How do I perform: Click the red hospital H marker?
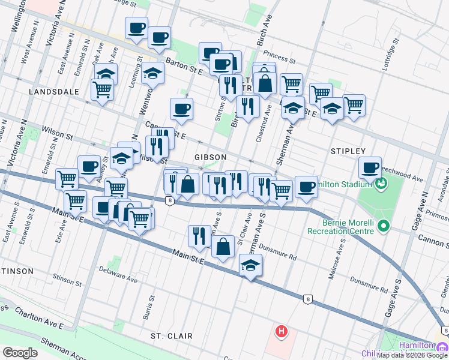(x=281, y=331)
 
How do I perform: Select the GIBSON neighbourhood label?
(x=210, y=157)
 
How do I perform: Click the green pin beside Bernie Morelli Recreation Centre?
(x=383, y=227)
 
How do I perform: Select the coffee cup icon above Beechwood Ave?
(x=370, y=167)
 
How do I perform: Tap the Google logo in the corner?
(x=20, y=353)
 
